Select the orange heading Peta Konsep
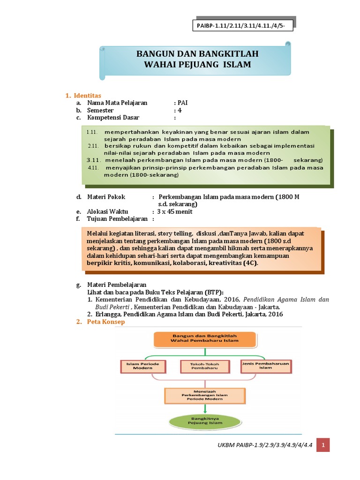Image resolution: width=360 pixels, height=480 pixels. (x=106, y=322)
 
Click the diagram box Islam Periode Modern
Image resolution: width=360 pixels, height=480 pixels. (x=136, y=366)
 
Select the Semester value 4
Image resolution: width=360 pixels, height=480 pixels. (x=179, y=110)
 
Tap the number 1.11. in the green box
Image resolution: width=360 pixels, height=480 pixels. (x=92, y=132)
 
